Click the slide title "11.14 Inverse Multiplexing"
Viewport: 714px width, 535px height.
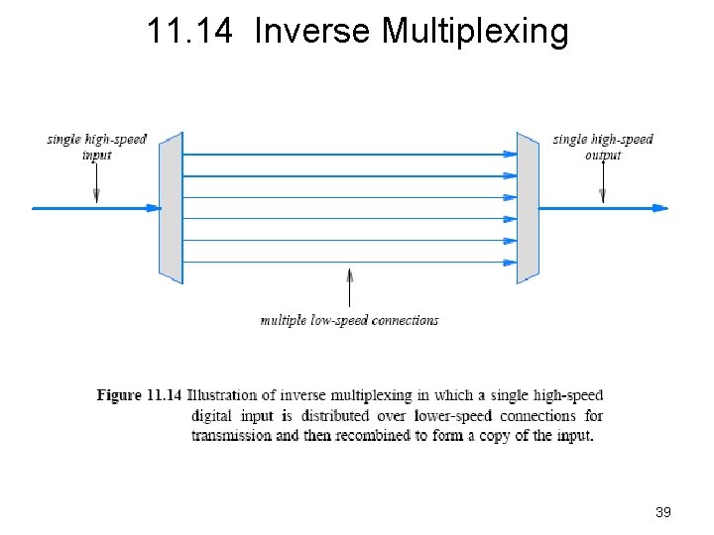[x=357, y=32]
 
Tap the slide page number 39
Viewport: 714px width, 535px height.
[x=663, y=512]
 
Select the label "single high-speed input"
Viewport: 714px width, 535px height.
[x=96, y=147]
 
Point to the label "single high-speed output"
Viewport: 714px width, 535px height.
[x=603, y=147]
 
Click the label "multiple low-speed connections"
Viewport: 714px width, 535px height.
[x=349, y=320]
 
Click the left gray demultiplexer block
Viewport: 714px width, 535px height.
[x=171, y=207]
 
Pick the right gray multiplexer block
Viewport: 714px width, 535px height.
[x=527, y=207]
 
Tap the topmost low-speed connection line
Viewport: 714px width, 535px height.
[x=347, y=155]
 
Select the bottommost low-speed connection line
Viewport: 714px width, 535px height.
[x=347, y=262]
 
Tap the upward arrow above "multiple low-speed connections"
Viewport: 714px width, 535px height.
[x=349, y=287]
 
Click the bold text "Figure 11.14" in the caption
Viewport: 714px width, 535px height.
[x=139, y=395]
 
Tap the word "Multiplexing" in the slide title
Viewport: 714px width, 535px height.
[x=475, y=32]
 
